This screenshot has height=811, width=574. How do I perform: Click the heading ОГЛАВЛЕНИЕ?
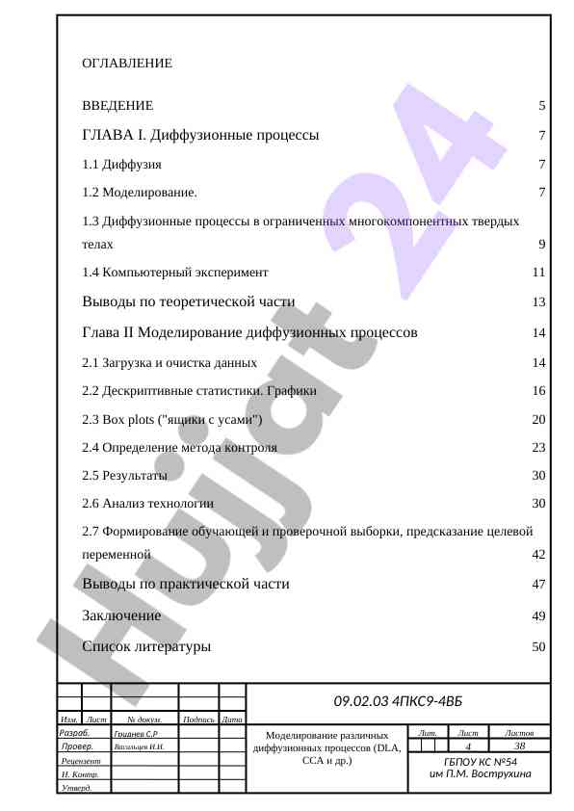[127, 64]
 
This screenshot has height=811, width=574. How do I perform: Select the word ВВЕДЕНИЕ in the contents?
[117, 105]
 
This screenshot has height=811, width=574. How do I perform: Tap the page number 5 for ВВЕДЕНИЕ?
[542, 105]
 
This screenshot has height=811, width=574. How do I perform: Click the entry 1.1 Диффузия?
[121, 165]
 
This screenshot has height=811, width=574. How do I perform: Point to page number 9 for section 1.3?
[542, 245]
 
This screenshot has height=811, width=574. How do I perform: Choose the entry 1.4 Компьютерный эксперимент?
[175, 273]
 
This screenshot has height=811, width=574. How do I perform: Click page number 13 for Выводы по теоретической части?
[539, 302]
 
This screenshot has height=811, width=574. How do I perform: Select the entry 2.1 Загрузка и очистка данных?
[170, 362]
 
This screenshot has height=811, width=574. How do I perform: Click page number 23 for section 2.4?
[539, 447]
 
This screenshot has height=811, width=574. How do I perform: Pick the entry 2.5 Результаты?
[124, 476]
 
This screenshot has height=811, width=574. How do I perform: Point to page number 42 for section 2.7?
[539, 555]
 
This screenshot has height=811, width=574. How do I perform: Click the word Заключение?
[121, 615]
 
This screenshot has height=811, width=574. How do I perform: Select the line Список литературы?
[146, 646]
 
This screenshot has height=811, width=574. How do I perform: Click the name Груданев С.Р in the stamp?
[137, 734]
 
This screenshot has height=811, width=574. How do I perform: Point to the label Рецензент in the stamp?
[81, 761]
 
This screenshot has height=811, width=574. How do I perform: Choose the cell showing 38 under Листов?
[520, 746]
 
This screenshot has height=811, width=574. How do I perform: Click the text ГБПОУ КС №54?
[481, 763]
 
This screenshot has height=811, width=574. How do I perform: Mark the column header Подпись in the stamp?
[198, 719]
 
